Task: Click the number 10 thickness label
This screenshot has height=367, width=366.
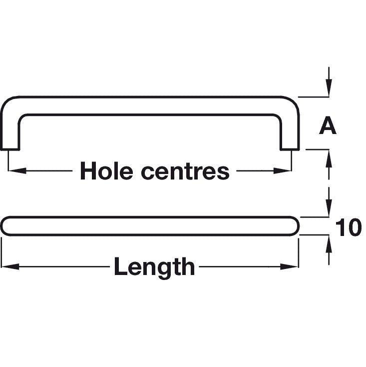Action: [x=349, y=228]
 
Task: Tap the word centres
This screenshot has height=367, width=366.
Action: [x=185, y=171]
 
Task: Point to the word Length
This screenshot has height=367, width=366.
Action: [x=154, y=266]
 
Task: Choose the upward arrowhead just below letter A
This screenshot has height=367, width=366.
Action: [x=329, y=156]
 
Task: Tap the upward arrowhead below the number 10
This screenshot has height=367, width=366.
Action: [x=329, y=242]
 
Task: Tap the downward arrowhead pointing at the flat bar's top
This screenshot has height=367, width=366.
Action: [x=329, y=210]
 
